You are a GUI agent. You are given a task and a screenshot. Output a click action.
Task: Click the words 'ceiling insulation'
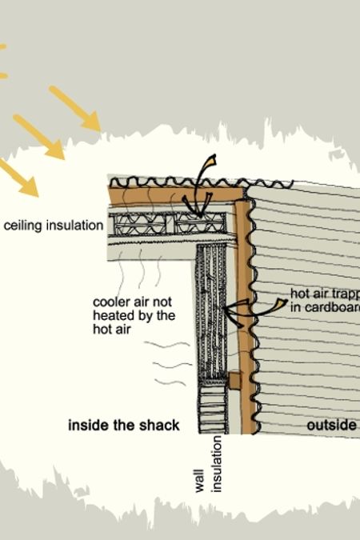[53, 226]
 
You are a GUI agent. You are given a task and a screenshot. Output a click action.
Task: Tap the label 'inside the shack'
[123, 425]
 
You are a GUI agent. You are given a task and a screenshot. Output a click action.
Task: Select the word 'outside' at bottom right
[331, 425]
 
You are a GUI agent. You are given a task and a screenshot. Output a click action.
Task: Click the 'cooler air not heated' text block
[134, 315]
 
